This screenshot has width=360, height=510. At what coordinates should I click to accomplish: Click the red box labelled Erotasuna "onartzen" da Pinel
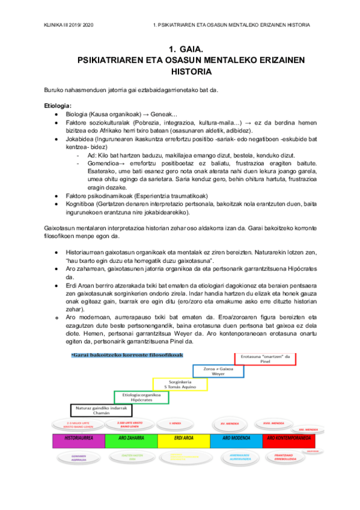tap(265, 359)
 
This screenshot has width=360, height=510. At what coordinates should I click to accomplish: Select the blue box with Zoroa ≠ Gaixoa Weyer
tap(218, 371)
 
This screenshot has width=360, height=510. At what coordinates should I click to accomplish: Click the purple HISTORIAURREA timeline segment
tap(78, 441)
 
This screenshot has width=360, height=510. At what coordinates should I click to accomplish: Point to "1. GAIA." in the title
tap(180, 49)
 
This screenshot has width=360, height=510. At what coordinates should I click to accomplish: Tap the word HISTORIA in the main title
tap(180, 72)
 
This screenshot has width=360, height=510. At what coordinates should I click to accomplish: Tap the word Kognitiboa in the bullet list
tap(82, 204)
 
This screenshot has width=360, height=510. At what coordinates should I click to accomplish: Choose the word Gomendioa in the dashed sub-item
tap(104, 162)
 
